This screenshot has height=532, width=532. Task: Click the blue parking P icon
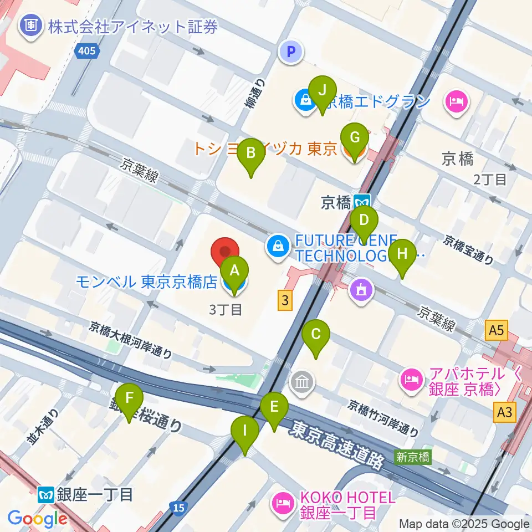point(292,53)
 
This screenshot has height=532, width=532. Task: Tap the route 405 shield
point(87,52)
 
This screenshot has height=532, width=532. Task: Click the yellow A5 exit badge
point(495,331)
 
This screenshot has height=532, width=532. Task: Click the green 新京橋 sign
point(412,457)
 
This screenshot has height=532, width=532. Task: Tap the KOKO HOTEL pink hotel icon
point(280,503)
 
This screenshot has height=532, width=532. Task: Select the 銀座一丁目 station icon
point(45,493)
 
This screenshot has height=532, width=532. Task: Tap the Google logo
point(37,519)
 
